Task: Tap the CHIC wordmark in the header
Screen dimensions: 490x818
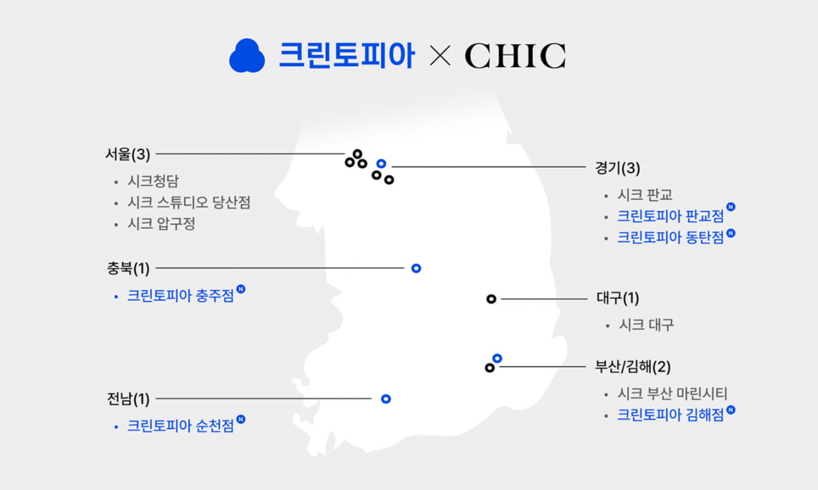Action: [x=515, y=56]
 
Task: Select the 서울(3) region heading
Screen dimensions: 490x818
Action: [x=127, y=154]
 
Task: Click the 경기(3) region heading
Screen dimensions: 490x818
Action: [x=618, y=167]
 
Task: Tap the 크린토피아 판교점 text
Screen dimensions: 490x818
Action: [x=670, y=216]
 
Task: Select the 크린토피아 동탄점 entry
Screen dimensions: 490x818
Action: [x=670, y=237]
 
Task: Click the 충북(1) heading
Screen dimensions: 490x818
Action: [x=127, y=268]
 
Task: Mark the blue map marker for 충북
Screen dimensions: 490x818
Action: [x=416, y=268]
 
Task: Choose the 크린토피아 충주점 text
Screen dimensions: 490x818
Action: [x=180, y=296]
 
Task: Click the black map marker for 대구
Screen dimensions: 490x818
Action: [x=491, y=299]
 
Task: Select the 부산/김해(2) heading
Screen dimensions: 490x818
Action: [x=633, y=367]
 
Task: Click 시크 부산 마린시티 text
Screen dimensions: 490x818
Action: [x=672, y=394]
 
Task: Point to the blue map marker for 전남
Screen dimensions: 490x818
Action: [x=386, y=398]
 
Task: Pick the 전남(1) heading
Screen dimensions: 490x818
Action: [x=127, y=399]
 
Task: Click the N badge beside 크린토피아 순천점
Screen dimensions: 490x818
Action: [x=241, y=420]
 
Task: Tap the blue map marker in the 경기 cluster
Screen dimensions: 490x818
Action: [x=382, y=164]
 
